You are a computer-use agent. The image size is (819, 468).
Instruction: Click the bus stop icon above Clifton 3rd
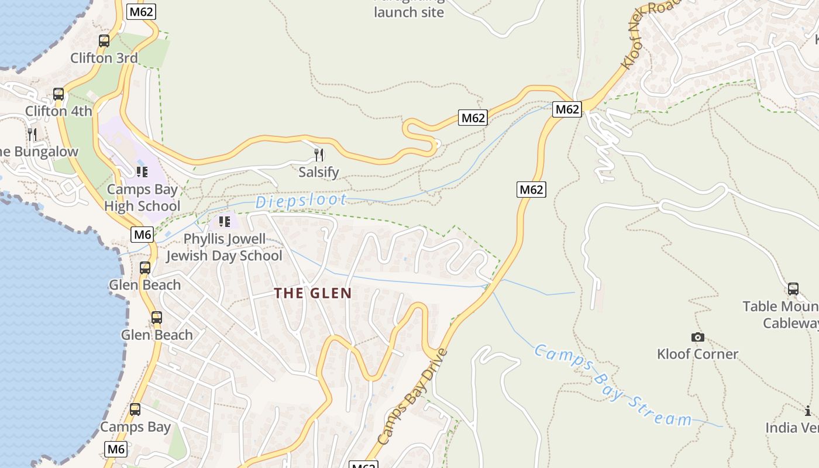104,41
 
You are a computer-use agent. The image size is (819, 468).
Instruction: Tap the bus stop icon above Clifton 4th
58,94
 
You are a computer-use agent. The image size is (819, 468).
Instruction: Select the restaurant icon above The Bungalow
32,135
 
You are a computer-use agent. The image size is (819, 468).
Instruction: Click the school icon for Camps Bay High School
142,171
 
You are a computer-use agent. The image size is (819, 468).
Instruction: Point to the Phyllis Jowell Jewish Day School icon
224,222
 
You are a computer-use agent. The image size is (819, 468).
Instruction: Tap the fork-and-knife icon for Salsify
319,154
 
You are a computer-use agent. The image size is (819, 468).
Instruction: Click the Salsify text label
319,173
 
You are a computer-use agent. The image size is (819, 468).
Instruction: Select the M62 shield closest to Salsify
473,118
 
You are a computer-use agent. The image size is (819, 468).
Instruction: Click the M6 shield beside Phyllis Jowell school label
143,235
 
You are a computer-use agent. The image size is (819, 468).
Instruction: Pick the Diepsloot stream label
301,201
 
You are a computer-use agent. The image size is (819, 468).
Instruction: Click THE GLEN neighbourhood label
313,293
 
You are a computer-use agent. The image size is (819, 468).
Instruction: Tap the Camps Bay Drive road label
412,396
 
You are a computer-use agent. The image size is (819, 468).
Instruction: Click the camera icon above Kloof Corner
697,337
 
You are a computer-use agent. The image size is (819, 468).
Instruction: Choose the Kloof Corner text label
697,354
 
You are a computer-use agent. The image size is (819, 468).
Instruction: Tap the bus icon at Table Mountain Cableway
793,289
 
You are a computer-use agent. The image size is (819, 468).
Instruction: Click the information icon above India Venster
808,411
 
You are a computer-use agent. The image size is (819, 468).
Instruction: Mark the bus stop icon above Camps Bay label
135,409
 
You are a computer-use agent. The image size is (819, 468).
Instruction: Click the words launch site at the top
409,12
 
